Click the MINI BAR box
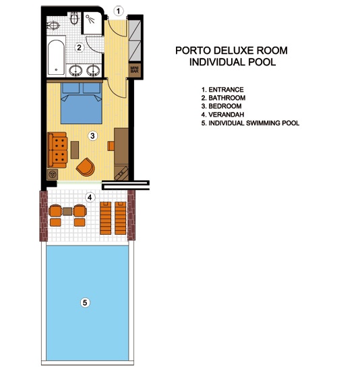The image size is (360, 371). tap(135, 69)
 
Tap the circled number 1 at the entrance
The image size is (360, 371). tap(118, 11)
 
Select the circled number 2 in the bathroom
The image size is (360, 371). tap(80, 47)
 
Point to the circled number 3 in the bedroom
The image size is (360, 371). tap(92, 136)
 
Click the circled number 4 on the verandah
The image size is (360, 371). tap(90, 197)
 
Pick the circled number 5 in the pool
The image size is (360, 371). tap(85, 302)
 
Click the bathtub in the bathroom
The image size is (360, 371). tap(56, 57)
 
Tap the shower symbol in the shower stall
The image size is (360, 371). tap(90, 19)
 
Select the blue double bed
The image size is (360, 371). tap(82, 103)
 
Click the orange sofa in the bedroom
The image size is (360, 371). tap(57, 150)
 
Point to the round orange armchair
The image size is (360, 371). tap(86, 167)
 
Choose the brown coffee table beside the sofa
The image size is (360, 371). tap(75, 150)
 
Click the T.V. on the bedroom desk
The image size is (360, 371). tap(121, 173)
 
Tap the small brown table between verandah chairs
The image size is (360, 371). tap(67, 211)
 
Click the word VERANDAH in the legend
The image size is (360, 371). tap(226, 115)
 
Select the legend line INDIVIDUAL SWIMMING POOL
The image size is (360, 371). tap(250, 123)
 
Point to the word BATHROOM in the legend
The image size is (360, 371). tap(227, 98)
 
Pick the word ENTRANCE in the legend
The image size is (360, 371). tap(226, 90)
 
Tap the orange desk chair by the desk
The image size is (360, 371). tap(111, 146)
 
